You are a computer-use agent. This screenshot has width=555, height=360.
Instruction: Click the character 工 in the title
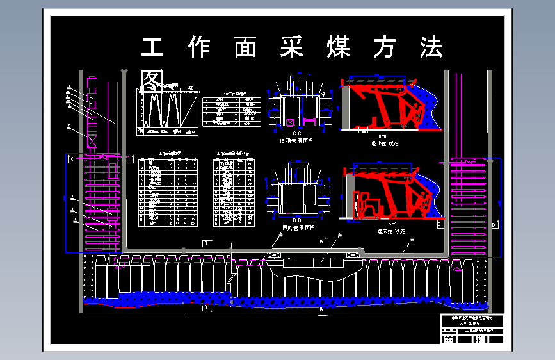pyautogui.click(x=152, y=49)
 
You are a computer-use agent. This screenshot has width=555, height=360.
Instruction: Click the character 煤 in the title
pyautogui.click(x=337, y=49)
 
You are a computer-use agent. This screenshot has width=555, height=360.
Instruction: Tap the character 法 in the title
pyautogui.click(x=430, y=49)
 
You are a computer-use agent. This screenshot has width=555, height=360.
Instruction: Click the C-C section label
pyautogui.click(x=296, y=133)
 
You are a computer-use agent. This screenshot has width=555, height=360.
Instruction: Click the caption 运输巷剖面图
pyautogui.click(x=295, y=140)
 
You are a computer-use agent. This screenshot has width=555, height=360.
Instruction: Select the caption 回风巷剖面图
pyautogui.click(x=296, y=227)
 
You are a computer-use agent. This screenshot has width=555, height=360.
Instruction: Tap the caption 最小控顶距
pyautogui.click(x=384, y=144)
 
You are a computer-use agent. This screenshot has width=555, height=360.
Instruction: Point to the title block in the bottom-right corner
pyautogui.click(x=472, y=329)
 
